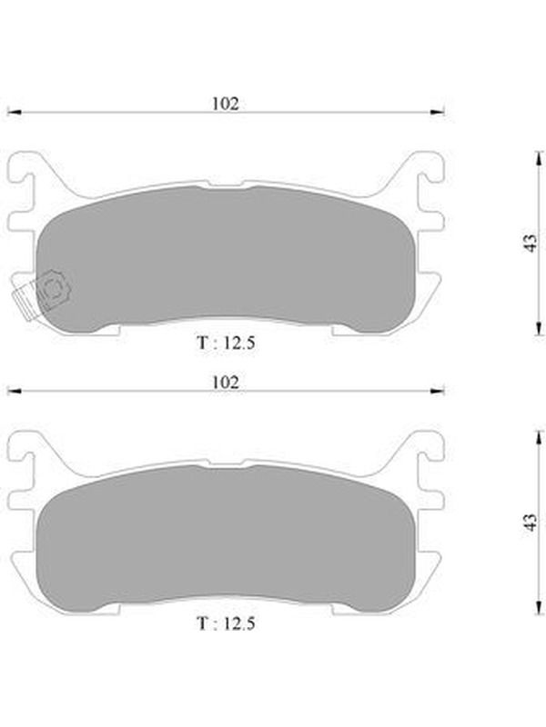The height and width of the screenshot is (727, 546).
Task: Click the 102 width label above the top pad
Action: click(x=226, y=104)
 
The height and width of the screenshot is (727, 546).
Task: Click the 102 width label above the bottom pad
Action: click(x=226, y=382)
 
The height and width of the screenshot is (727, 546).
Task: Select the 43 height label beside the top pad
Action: click(x=531, y=243)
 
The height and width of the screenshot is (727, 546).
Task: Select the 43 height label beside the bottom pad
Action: click(x=531, y=522)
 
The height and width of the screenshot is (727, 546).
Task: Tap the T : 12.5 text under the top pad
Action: click(x=226, y=343)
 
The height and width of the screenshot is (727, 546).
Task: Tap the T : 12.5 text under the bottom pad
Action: click(x=226, y=622)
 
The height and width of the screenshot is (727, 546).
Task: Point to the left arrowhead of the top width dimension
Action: click(x=15, y=112)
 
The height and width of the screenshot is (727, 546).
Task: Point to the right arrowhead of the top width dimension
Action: click(x=438, y=112)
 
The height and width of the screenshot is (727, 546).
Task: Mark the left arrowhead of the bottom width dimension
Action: click(x=15, y=391)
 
